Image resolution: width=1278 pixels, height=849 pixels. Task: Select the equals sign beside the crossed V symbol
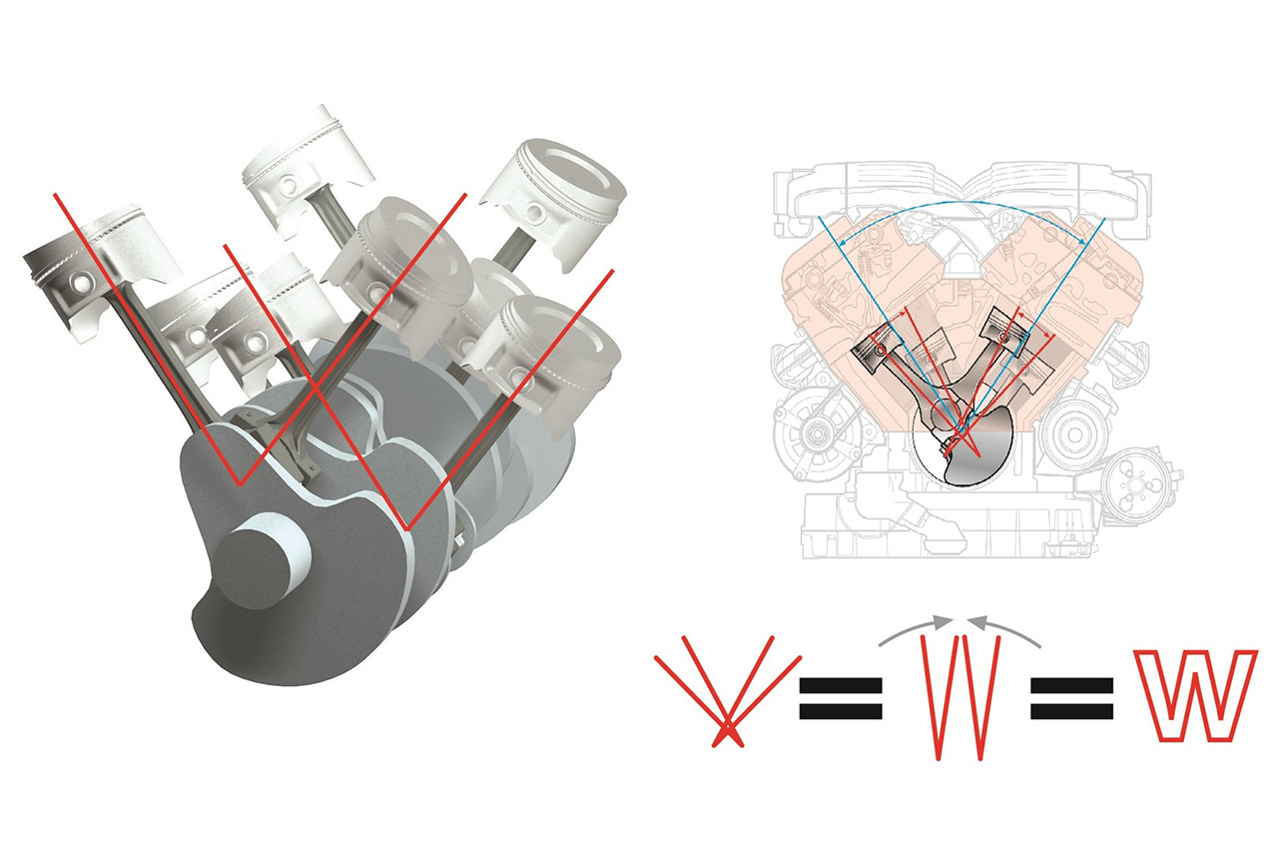click(841, 698)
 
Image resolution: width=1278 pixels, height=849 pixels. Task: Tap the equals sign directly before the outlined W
click(1071, 698)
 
